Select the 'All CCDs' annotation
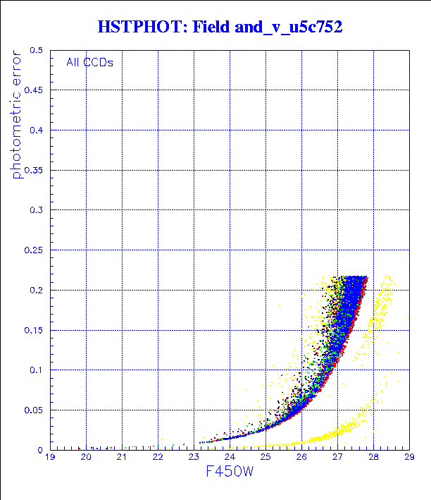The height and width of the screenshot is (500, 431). [x=89, y=61]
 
